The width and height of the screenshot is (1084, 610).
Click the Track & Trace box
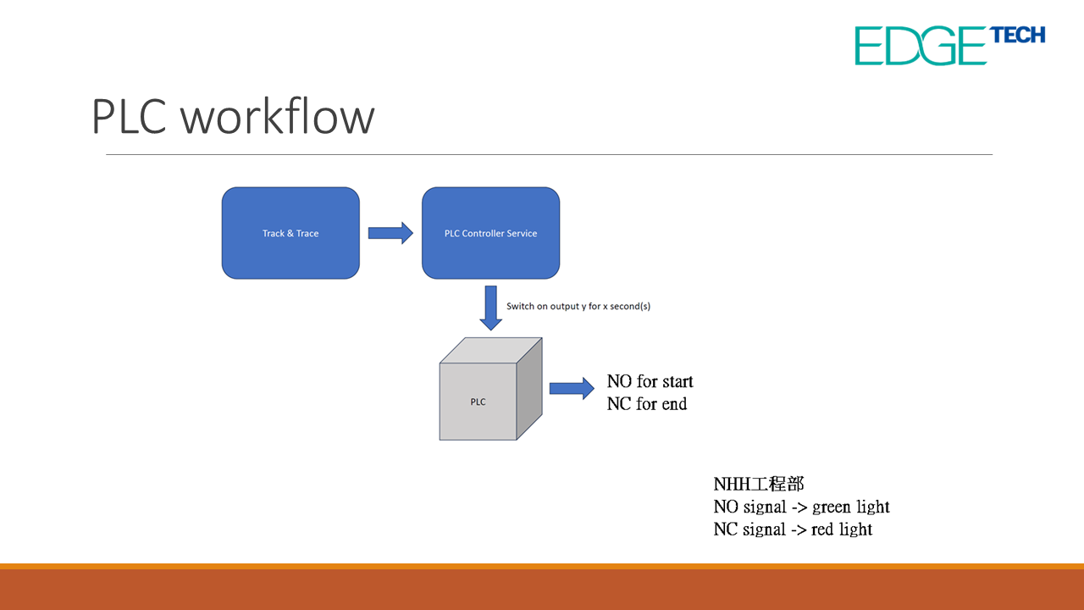tap(290, 233)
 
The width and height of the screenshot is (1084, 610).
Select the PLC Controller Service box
tap(490, 233)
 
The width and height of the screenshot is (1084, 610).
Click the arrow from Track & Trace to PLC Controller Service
tap(390, 233)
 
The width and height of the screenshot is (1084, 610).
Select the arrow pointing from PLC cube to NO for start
tap(572, 389)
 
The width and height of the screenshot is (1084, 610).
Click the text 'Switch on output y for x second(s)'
tap(578, 306)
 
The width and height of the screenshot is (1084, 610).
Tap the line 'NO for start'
tap(650, 381)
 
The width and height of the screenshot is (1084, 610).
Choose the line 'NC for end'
tap(646, 404)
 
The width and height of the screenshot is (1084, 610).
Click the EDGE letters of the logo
tap(921, 46)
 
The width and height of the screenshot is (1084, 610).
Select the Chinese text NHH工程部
tap(758, 484)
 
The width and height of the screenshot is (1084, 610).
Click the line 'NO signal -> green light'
tap(801, 507)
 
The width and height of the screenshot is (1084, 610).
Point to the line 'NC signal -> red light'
tap(793, 530)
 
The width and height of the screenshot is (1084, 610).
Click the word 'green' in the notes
tap(832, 507)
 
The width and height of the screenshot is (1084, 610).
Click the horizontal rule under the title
tap(549, 155)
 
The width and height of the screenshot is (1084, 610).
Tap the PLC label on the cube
tap(478, 402)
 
